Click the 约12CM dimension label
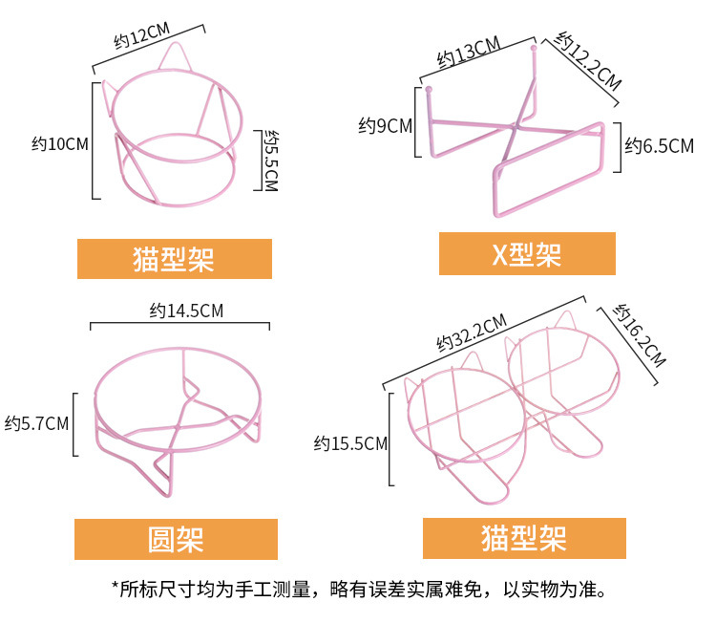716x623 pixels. point(135,40)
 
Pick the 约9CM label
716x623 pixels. point(385,125)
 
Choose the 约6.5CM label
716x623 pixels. point(660,146)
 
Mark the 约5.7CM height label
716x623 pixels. point(37,421)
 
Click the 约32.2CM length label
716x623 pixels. point(471,331)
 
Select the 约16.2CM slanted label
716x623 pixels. point(639,335)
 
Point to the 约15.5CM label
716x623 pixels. point(351,443)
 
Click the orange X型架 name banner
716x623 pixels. point(527,254)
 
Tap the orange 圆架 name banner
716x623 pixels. point(176,539)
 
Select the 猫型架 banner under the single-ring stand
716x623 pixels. point(174,259)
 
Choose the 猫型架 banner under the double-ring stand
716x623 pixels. point(524,538)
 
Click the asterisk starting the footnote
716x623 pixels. point(116,590)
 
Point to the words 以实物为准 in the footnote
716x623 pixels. point(550,590)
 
